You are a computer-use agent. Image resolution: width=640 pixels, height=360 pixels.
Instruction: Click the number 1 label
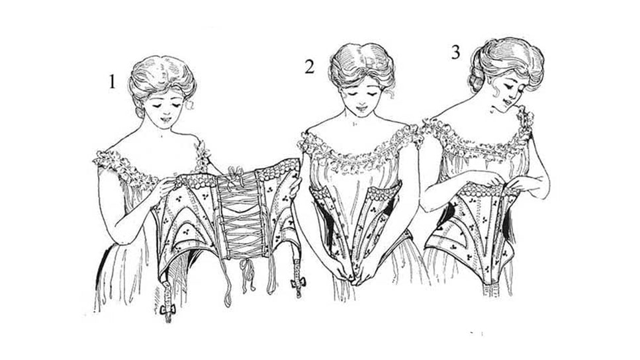click(x=112, y=81)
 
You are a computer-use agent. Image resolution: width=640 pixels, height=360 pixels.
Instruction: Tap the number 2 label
click(x=309, y=67)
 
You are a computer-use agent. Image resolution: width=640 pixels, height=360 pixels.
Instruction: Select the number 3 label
click(x=455, y=52)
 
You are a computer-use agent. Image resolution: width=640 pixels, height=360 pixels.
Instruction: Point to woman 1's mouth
click(x=167, y=120)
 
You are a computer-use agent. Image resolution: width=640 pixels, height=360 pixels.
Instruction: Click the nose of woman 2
click(x=361, y=101)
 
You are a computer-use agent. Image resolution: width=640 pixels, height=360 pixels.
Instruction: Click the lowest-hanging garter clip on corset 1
click(x=167, y=310)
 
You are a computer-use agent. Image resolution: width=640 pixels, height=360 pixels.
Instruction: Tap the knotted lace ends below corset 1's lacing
click(x=246, y=271)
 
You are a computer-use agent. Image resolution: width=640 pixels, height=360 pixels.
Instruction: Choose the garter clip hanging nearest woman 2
click(x=298, y=282)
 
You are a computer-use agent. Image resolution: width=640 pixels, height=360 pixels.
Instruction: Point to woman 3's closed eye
click(x=509, y=88)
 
